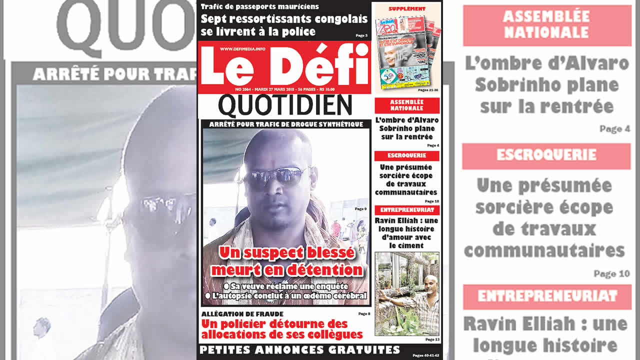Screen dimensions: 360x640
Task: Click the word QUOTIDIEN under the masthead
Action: pyautogui.click(x=285, y=106)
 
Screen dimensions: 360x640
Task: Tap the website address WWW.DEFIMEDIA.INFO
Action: pyautogui.click(x=242, y=49)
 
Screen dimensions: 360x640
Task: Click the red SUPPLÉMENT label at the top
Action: pyautogui.click(x=407, y=9)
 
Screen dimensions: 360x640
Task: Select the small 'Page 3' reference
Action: pyautogui.click(x=361, y=35)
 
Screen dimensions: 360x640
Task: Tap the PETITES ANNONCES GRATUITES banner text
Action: pyautogui.click(x=300, y=349)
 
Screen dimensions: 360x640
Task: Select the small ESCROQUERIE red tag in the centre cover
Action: pyautogui.click(x=406, y=155)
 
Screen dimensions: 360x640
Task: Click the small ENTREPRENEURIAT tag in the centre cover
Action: pyautogui.click(x=406, y=210)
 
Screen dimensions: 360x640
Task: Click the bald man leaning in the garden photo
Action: pyautogui.click(x=417, y=295)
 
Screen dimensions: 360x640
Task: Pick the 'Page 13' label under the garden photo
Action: pyautogui.click(x=432, y=339)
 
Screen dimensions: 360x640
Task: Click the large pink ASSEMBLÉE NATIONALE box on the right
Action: pyautogui.click(x=546, y=25)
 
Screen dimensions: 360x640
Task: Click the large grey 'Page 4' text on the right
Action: pyautogui.click(x=614, y=129)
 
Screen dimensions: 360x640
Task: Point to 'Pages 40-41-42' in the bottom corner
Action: pyautogui.click(x=425, y=355)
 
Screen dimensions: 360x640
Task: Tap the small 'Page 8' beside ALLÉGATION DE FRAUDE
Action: pyautogui.click(x=364, y=314)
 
